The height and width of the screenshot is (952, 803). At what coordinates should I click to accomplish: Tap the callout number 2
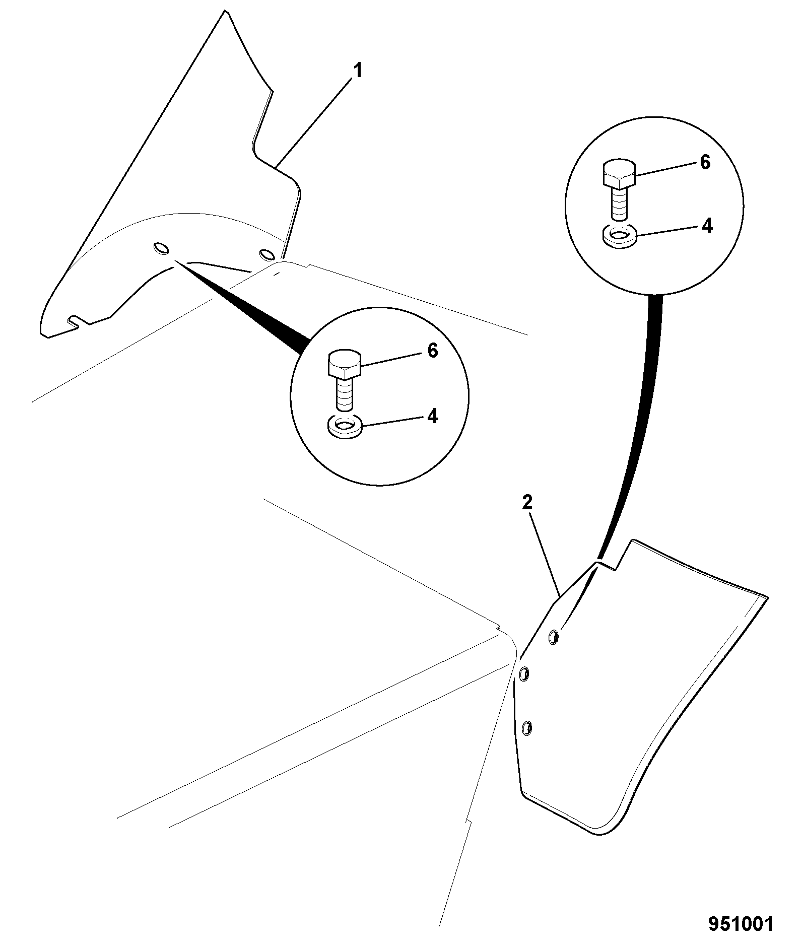point(527,502)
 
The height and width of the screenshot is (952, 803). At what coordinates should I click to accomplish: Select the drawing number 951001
point(741,925)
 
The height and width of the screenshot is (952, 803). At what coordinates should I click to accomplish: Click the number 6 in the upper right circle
point(705,162)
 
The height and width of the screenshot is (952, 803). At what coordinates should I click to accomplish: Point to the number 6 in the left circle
point(433,351)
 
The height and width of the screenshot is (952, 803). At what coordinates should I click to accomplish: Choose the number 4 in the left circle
point(433,417)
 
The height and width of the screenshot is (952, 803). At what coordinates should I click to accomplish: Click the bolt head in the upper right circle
point(619,174)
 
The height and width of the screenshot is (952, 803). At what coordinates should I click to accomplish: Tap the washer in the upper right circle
point(620,236)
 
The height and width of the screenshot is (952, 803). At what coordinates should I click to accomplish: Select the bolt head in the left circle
point(345,364)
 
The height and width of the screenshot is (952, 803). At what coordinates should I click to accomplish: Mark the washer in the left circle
point(345,426)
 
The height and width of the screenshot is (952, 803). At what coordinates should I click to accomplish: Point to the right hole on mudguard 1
point(266,253)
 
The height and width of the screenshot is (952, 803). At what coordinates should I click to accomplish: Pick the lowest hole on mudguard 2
point(527,727)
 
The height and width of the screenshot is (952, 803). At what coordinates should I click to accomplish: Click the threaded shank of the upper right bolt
point(619,204)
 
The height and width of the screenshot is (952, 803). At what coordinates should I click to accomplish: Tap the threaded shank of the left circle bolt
point(345,394)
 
